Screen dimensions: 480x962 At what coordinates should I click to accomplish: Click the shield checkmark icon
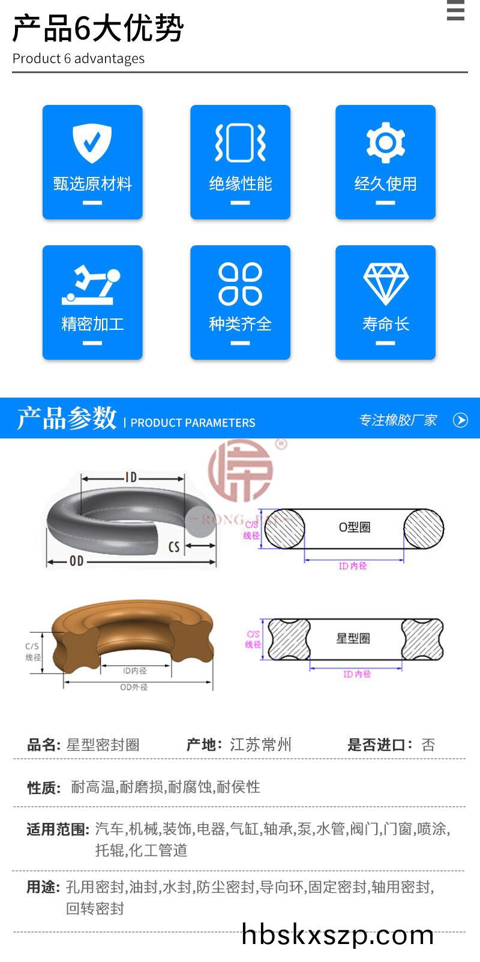(x=92, y=143)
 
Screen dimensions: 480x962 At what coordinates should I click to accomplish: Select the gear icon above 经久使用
(x=385, y=143)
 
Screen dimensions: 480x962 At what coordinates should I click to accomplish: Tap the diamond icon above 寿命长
(x=385, y=284)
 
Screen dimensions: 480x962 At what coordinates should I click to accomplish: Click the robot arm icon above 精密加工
(x=91, y=285)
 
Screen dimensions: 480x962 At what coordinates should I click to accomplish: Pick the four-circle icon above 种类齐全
(x=240, y=284)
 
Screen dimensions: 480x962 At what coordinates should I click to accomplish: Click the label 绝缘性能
(x=240, y=184)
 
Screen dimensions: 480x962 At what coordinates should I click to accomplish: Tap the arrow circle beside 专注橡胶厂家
(x=460, y=420)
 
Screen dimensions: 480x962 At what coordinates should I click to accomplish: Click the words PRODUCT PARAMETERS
(x=193, y=423)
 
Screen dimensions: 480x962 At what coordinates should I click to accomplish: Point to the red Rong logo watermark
(x=241, y=470)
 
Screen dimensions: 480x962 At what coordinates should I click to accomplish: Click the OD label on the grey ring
(x=76, y=561)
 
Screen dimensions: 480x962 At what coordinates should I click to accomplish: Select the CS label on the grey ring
(x=174, y=547)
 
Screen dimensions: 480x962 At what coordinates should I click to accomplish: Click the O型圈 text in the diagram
(x=355, y=527)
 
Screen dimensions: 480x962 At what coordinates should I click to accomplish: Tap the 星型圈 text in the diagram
(x=353, y=638)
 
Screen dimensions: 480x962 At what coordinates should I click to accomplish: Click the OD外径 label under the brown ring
(x=134, y=687)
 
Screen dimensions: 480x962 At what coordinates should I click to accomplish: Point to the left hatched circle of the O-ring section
(x=284, y=528)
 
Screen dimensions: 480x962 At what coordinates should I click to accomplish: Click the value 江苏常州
(x=260, y=744)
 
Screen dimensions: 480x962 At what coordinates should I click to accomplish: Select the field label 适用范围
(x=58, y=829)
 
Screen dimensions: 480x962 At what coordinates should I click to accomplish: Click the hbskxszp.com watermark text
(x=337, y=934)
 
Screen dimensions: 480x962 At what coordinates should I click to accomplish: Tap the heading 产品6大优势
(x=98, y=28)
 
